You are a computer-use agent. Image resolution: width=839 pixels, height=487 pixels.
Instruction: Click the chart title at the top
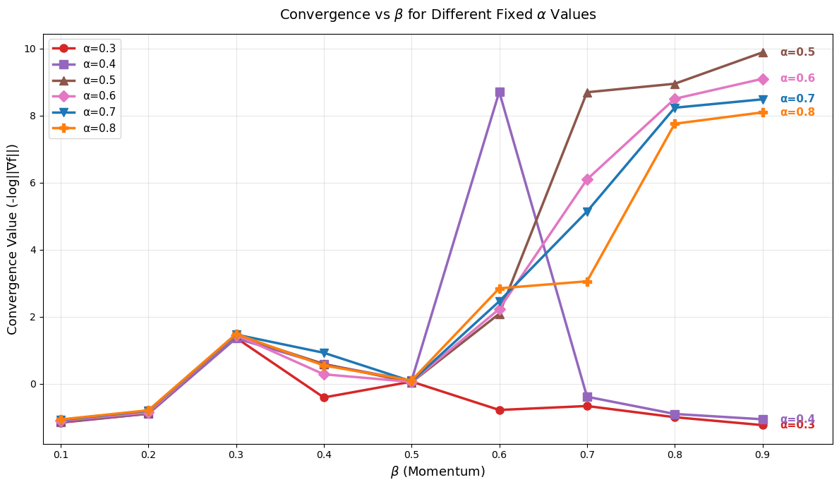click(x=437, y=15)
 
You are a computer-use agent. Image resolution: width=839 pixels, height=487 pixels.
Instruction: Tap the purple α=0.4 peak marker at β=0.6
click(x=500, y=92)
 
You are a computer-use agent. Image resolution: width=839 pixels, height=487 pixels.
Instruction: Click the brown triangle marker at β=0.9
click(x=763, y=52)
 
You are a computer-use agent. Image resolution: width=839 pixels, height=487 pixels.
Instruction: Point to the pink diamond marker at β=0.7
click(x=587, y=179)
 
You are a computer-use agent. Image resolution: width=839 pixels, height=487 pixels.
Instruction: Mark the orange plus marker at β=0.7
click(x=587, y=282)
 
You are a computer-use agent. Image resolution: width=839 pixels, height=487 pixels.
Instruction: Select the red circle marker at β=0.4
click(x=324, y=397)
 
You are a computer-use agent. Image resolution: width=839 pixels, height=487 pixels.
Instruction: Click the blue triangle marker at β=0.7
click(x=587, y=212)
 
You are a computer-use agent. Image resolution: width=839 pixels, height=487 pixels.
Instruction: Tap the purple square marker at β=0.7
click(x=587, y=397)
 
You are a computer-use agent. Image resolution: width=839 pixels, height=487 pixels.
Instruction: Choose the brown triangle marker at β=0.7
click(x=587, y=92)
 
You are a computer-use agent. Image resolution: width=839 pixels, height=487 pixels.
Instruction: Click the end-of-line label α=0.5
click(x=797, y=52)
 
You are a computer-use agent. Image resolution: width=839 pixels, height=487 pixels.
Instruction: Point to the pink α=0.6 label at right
click(x=797, y=78)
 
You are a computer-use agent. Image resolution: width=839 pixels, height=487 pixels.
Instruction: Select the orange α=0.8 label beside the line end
click(x=797, y=112)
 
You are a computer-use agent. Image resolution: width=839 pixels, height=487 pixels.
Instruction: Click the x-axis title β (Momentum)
click(x=437, y=471)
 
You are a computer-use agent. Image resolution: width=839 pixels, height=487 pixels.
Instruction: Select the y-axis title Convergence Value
click(x=13, y=239)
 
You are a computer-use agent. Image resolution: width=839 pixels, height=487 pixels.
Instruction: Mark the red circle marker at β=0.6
click(x=500, y=410)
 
